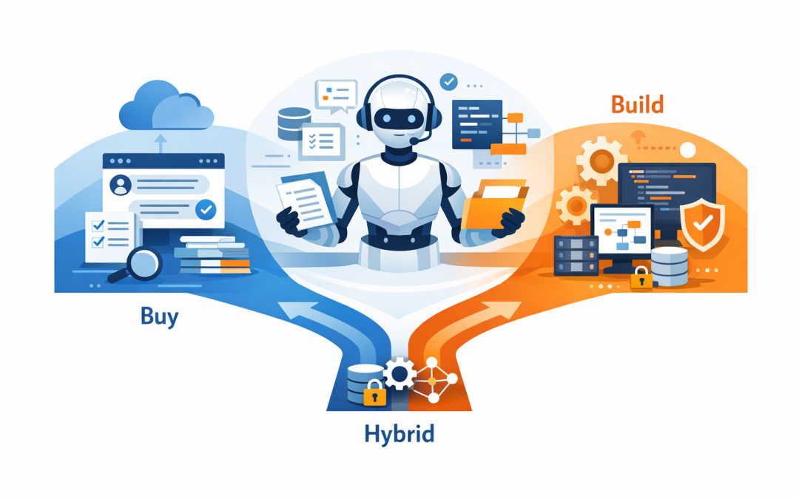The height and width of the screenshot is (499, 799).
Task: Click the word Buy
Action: click(159, 317)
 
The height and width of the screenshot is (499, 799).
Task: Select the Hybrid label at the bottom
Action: click(399, 433)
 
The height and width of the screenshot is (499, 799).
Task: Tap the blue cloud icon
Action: click(166, 109)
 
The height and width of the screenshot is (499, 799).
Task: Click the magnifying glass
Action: click(140, 263)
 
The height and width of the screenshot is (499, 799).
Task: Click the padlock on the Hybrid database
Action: click(374, 393)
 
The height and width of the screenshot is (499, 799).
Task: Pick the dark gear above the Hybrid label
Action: click(400, 374)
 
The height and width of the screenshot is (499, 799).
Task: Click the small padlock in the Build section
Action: click(641, 279)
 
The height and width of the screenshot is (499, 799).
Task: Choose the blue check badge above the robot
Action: click(448, 81)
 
